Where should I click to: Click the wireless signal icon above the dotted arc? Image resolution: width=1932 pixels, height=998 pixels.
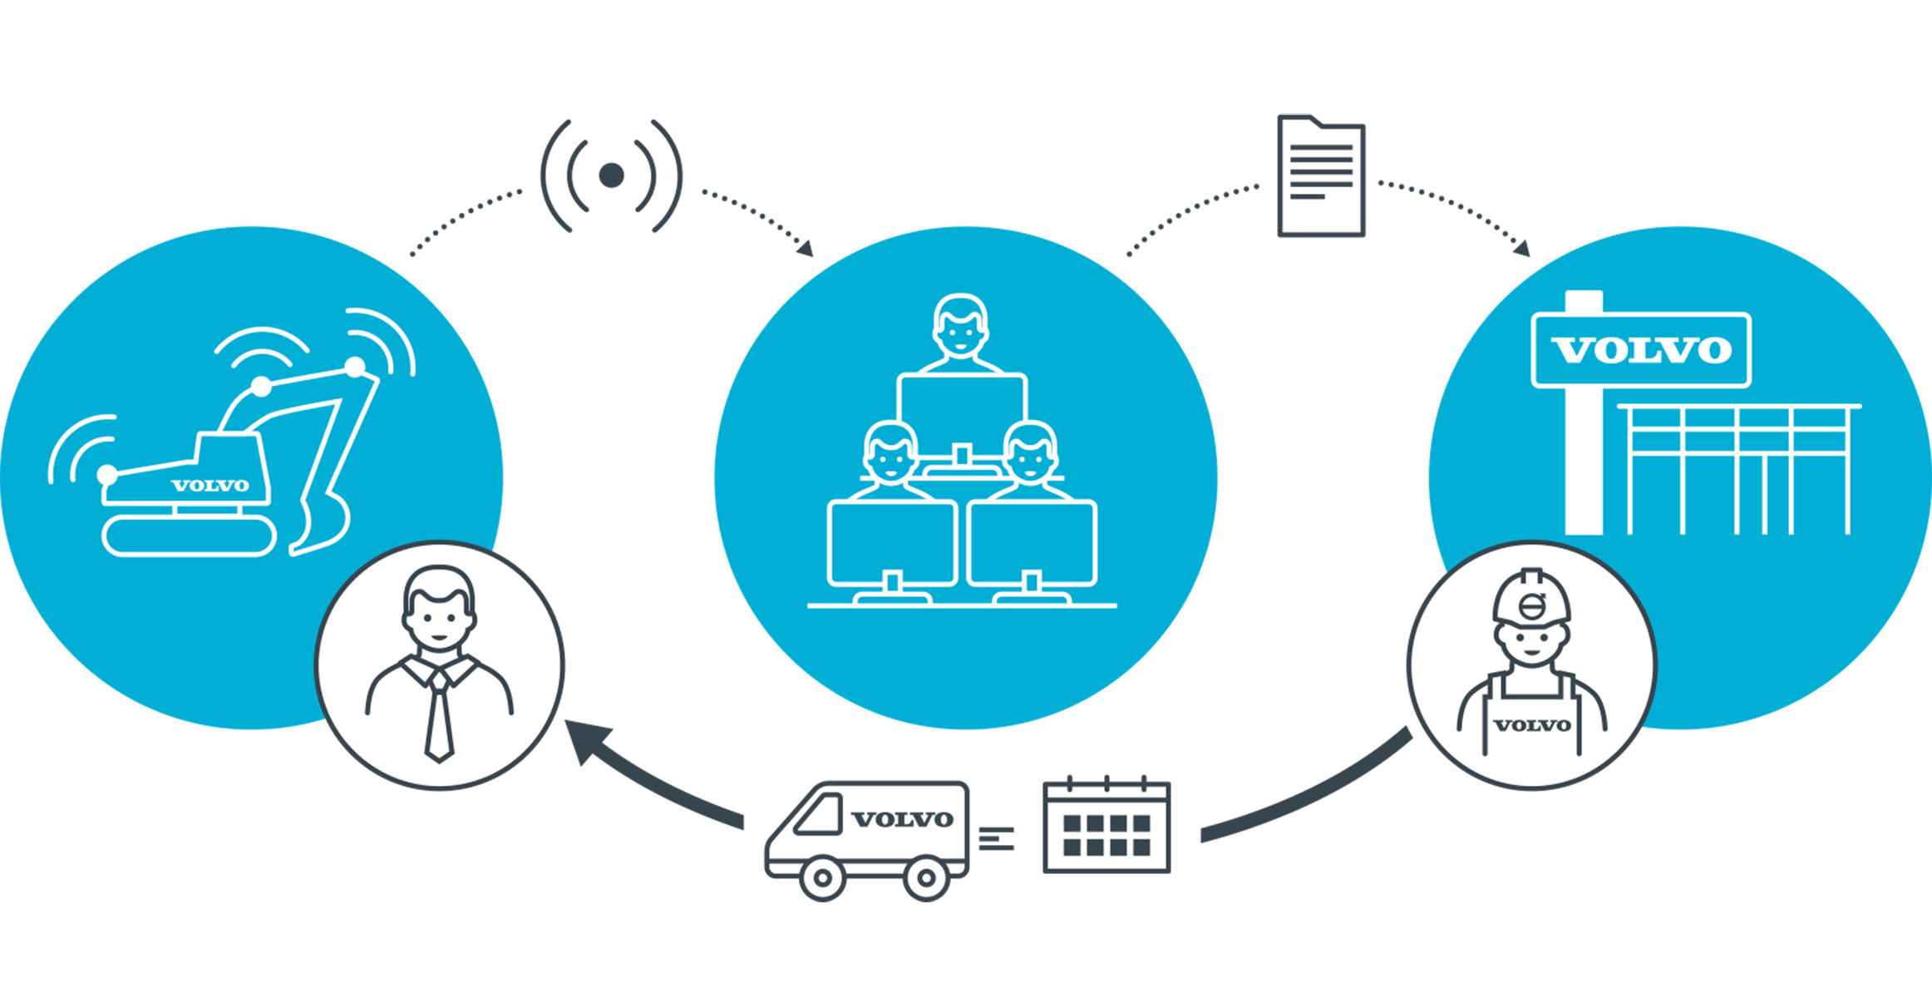612,175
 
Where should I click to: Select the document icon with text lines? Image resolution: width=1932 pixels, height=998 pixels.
1321,176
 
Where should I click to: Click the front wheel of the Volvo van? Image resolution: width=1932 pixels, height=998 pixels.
822,877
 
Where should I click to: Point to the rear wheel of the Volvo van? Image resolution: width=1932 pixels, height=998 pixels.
926,877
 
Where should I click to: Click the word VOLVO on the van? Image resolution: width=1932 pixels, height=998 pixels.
903,819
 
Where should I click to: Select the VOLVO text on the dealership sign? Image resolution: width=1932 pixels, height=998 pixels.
1642,350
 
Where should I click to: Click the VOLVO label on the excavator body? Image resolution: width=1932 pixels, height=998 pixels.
210,486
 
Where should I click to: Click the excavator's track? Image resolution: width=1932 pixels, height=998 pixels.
190,536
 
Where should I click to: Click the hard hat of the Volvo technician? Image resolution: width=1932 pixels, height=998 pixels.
1531,597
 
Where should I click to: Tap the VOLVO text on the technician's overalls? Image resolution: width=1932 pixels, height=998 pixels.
1532,725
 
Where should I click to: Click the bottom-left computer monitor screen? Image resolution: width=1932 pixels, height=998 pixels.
892,543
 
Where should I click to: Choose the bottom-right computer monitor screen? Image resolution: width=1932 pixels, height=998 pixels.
1032,543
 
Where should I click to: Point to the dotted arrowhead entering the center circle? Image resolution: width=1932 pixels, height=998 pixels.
805,248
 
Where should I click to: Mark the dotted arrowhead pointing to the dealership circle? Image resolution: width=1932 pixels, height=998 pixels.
1522,248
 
